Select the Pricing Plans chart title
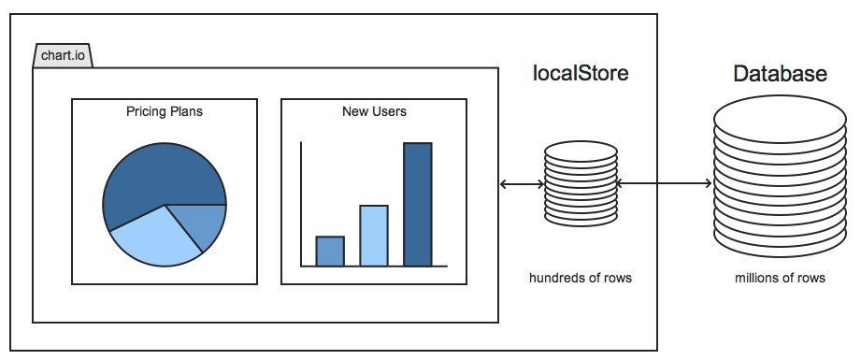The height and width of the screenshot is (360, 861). [x=165, y=111]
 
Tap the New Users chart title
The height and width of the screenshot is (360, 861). [x=374, y=111]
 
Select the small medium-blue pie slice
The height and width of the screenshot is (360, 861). [x=208, y=224]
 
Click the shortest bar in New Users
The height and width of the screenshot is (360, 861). [x=330, y=251]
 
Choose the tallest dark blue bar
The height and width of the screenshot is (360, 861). [x=417, y=204]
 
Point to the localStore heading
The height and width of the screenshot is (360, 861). [x=580, y=73]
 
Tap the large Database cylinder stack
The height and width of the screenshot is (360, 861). [x=779, y=183]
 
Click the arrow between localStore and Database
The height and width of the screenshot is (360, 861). [x=664, y=184]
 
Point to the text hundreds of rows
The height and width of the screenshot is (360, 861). [x=580, y=278]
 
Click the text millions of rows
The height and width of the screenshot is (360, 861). [x=780, y=278]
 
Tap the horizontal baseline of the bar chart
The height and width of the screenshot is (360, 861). [x=374, y=266]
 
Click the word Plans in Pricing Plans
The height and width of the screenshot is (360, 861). [x=186, y=111]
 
